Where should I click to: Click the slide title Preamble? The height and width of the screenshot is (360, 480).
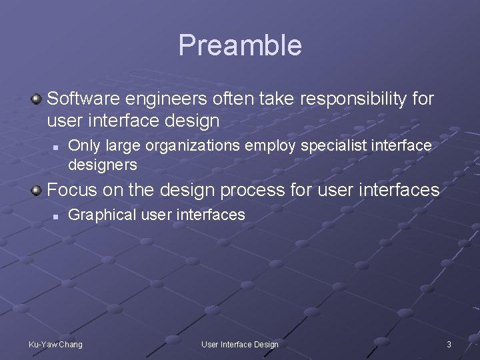[240, 45]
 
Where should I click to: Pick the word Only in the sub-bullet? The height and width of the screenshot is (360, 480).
[81, 145]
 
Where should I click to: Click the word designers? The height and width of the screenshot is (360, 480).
[103, 164]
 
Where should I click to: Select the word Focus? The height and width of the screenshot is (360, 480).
[72, 190]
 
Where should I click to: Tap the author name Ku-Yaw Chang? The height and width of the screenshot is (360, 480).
[56, 344]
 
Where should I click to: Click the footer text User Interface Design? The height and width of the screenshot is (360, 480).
[240, 344]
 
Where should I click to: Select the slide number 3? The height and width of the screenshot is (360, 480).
[449, 344]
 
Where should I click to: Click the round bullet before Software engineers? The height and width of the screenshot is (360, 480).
[36, 99]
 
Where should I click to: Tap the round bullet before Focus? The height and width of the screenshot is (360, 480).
[36, 191]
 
